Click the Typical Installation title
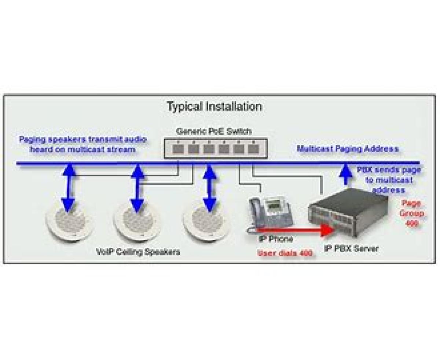coord(214,107)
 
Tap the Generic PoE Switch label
coord(214,131)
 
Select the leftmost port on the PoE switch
coord(178,149)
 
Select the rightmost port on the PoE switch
coord(253,149)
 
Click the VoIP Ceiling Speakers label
coord(138,252)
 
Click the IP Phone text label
coord(276,239)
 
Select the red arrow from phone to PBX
coord(293,230)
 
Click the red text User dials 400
coord(285,253)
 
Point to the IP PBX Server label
coord(351,248)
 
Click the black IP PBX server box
coord(348,217)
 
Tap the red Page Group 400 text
coord(412,213)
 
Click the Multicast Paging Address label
coord(347,149)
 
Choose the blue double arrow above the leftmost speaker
coord(68,188)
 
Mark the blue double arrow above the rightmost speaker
coord(209,188)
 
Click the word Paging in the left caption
coord(32,140)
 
